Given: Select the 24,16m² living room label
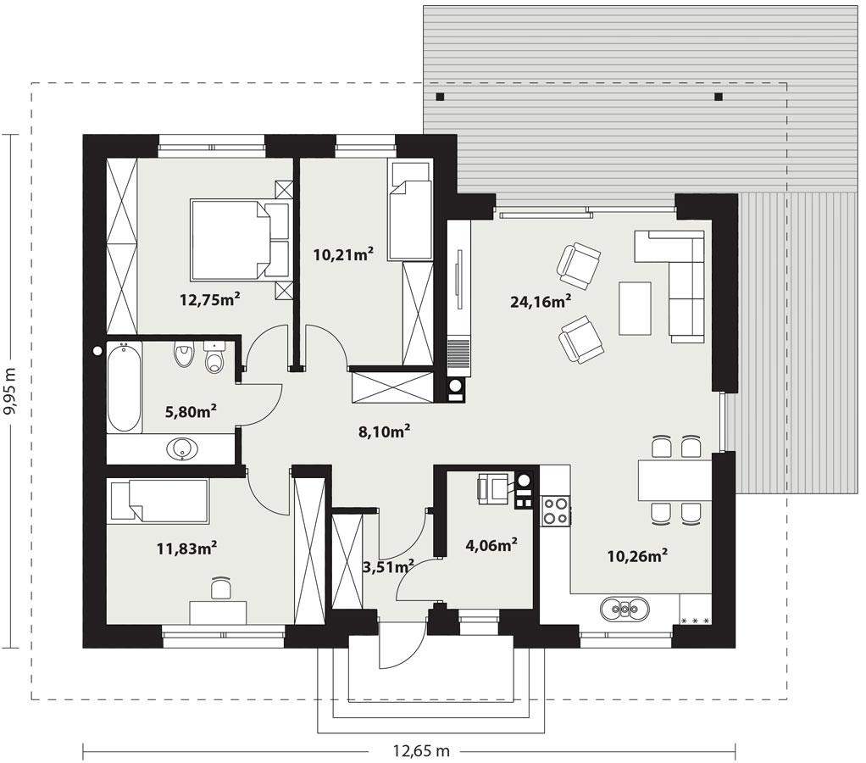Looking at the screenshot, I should (540, 299).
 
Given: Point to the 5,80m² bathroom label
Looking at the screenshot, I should (190, 411).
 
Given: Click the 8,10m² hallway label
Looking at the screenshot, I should (385, 431).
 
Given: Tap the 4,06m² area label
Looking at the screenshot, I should (491, 545).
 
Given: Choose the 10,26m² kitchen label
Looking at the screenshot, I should (638, 556).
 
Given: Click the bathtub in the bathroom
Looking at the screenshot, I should (124, 387).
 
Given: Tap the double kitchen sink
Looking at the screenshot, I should (625, 608).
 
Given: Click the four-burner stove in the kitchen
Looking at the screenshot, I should (556, 510).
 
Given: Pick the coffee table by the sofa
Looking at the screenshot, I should (636, 308).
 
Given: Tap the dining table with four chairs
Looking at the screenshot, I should (674, 480).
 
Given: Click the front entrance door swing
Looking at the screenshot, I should (398, 644).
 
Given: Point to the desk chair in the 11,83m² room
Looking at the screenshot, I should (219, 588).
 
